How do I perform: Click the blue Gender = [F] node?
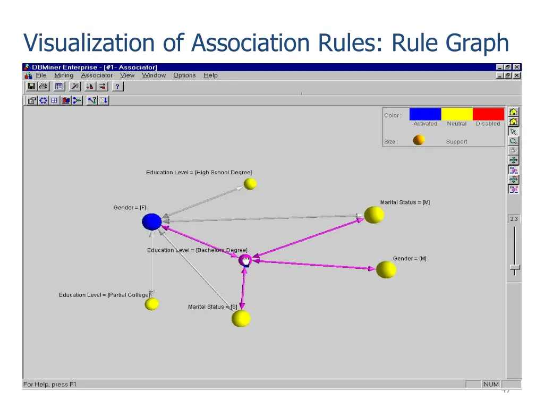[151, 222]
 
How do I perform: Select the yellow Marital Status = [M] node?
[374, 215]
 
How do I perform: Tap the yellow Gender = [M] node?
[386, 269]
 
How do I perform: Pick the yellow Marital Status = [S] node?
[241, 318]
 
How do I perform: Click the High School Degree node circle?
[250, 184]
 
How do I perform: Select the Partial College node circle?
[152, 304]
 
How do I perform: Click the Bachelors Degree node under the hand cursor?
[245, 260]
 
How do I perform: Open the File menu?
[41, 75]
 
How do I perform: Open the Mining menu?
[64, 75]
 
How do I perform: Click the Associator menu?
[97, 75]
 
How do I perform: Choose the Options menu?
[184, 75]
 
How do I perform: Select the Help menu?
[211, 75]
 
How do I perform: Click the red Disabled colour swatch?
[488, 114]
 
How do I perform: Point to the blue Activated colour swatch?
[425, 114]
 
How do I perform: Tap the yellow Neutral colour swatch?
[457, 114]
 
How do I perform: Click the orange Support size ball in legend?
[419, 140]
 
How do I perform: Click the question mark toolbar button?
[117, 87]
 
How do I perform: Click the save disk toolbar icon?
[31, 87]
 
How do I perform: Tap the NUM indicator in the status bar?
[490, 384]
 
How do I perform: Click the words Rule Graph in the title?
[450, 43]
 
